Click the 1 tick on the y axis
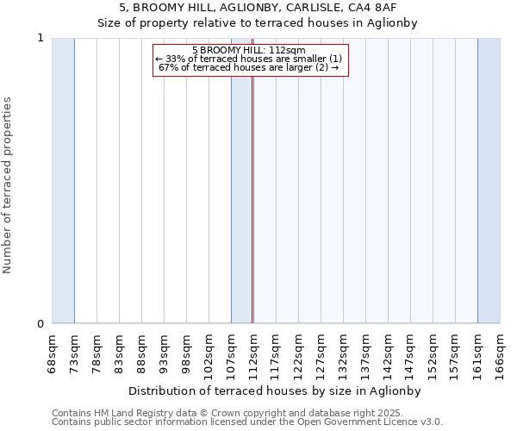pos(40,38)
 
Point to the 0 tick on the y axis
pos(40,324)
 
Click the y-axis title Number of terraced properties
pos(9,185)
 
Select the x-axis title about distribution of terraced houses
pos(275,390)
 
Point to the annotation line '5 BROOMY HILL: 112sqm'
pos(250,51)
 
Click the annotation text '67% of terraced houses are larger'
pos(249,67)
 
